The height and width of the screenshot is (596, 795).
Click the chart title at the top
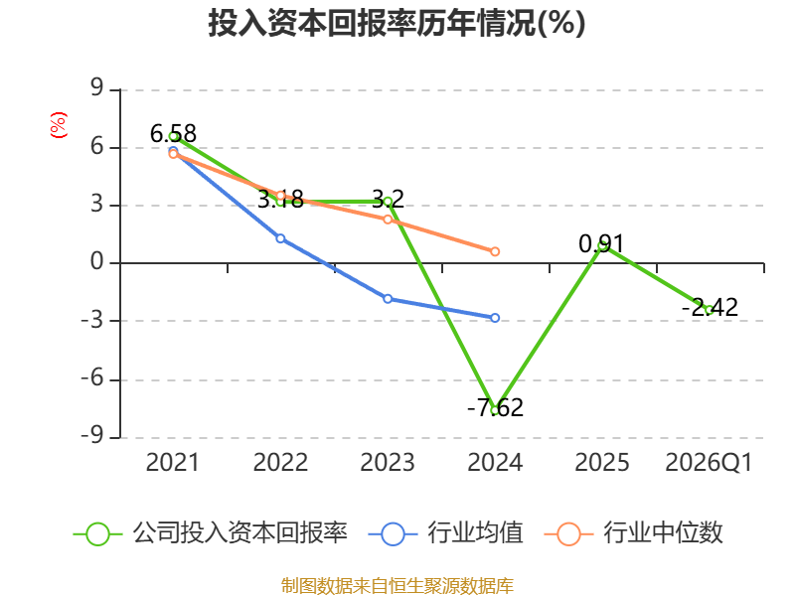click(x=397, y=23)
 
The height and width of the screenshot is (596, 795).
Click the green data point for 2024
click(x=495, y=410)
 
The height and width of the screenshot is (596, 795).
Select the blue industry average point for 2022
click(x=280, y=238)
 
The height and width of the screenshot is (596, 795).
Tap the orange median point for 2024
click(x=495, y=251)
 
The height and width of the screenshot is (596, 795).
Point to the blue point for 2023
click(x=388, y=299)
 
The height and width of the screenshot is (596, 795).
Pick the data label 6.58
click(x=173, y=134)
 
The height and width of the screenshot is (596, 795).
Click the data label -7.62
click(x=495, y=407)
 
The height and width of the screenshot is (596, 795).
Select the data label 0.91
click(x=601, y=243)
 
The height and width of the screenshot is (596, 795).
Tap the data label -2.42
click(x=710, y=307)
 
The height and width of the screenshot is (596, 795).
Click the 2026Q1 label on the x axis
click(x=709, y=462)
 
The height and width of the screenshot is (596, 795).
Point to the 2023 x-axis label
click(x=388, y=462)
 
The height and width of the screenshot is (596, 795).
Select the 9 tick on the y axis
click(x=96, y=88)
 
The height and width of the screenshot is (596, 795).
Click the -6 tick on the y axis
click(x=91, y=378)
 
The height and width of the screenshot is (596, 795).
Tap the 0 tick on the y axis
click(x=96, y=262)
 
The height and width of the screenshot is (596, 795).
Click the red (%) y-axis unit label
click(x=59, y=125)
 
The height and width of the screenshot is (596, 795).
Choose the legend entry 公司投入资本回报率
click(x=211, y=533)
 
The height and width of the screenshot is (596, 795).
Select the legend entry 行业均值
click(x=445, y=533)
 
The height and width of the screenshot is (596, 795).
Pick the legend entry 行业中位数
click(x=633, y=533)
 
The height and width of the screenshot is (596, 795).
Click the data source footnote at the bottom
click(x=397, y=586)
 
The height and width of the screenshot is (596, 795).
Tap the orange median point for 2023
click(x=388, y=220)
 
